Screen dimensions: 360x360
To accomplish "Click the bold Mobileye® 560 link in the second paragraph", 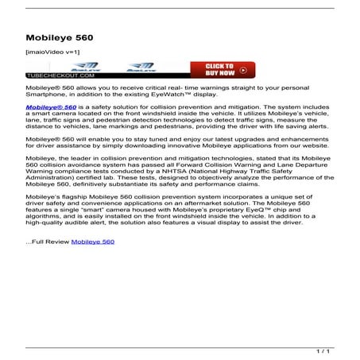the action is (x=51, y=106).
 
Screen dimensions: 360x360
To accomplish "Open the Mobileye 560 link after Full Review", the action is (x=92, y=241).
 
